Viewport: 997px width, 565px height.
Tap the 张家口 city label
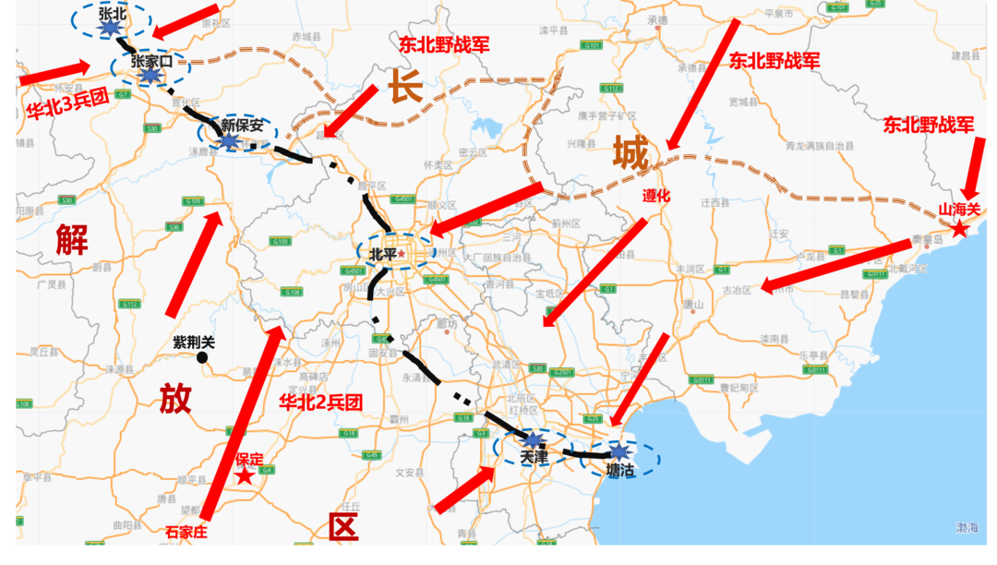[x=151, y=61]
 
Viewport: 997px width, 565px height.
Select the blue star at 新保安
[x=229, y=141]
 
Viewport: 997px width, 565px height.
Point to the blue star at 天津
[x=534, y=439]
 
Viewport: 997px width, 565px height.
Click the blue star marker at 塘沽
[x=619, y=451]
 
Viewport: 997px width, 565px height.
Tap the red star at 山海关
[x=959, y=228]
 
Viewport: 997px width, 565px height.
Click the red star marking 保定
[x=245, y=476]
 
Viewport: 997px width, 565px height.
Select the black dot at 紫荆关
[x=202, y=356]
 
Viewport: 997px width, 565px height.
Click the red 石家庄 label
[x=186, y=532]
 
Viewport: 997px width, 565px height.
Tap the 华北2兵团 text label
[x=320, y=403]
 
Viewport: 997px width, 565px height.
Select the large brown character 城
[x=631, y=152]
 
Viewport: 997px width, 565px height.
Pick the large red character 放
[x=175, y=398]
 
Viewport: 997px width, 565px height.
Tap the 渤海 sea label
[x=967, y=528]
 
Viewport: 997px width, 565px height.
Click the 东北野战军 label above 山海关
[x=928, y=124]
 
